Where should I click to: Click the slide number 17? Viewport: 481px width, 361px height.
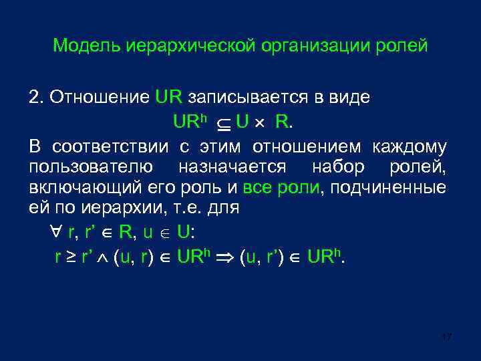[446, 336]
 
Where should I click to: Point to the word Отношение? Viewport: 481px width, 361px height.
[100, 97]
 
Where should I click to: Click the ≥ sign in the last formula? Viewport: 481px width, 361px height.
[69, 256]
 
